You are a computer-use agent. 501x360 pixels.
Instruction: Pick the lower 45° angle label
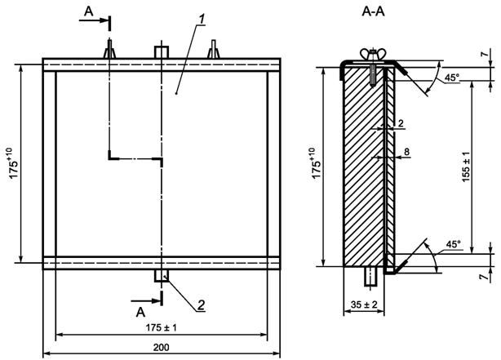(x=453, y=243)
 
